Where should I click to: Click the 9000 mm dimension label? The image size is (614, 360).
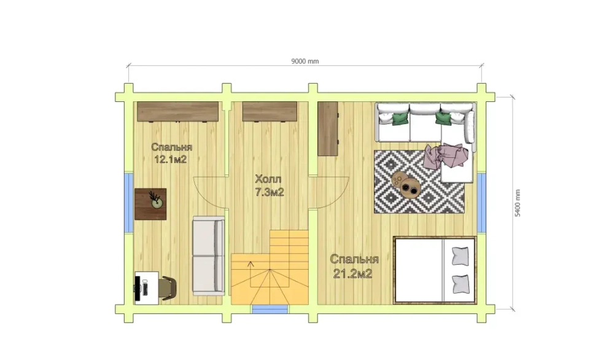pyautogui.click(x=305, y=61)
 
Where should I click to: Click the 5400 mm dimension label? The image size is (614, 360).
pyautogui.click(x=518, y=203)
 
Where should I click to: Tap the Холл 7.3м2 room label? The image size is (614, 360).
pyautogui.click(x=270, y=186)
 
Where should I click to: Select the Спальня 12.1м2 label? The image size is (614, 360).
pyautogui.click(x=171, y=153)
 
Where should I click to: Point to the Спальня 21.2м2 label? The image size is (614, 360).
pyautogui.click(x=354, y=266)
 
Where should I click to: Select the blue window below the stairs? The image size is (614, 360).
pyautogui.click(x=270, y=309)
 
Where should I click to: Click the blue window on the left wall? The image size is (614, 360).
pyautogui.click(x=129, y=202)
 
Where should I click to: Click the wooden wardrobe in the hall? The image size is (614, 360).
pyautogui.click(x=270, y=112)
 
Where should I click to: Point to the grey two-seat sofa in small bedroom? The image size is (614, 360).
pyautogui.click(x=208, y=256)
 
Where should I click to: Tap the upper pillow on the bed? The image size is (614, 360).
pyautogui.click(x=460, y=256)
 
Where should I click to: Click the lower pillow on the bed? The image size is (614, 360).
pyautogui.click(x=460, y=284)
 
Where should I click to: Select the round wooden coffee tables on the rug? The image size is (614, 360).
pyautogui.click(x=406, y=184)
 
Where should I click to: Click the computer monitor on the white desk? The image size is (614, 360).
pyautogui.click(x=138, y=289)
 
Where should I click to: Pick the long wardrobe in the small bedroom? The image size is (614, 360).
pyautogui.click(x=178, y=112)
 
